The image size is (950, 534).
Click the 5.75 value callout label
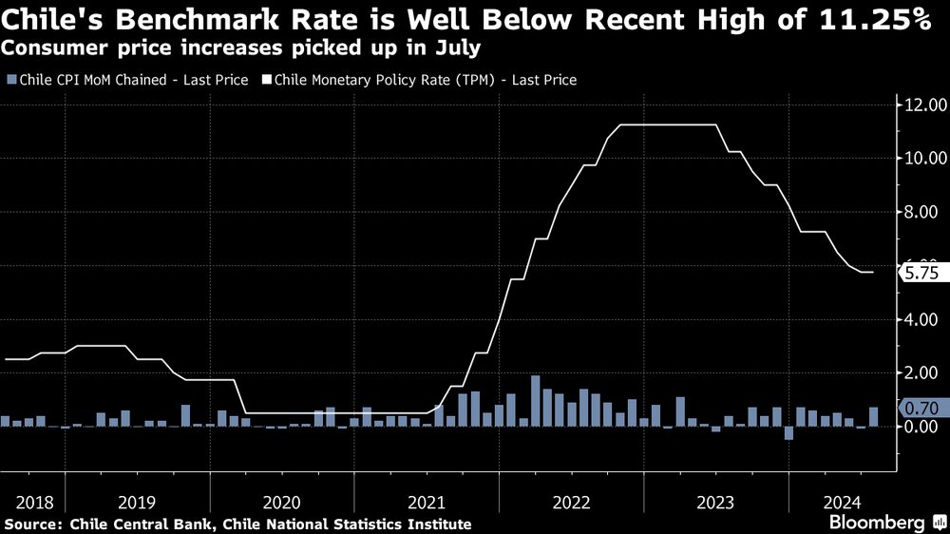[921, 273]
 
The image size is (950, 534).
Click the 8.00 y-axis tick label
[927, 212]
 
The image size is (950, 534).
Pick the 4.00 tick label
[927, 319]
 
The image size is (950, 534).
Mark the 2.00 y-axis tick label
[927, 373]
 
